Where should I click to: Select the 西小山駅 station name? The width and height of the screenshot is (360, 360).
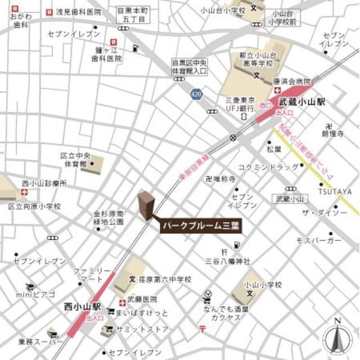[x=82, y=307]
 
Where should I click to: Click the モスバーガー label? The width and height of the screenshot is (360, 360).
[x=318, y=240]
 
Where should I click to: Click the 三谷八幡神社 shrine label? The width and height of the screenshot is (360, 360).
[x=227, y=261]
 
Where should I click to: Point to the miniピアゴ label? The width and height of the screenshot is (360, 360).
[x=35, y=294]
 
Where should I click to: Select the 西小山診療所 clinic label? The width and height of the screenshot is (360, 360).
[x=44, y=183]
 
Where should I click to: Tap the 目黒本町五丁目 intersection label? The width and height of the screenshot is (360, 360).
[x=130, y=15]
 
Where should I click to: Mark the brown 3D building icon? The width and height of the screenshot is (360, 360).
[x=146, y=205]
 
